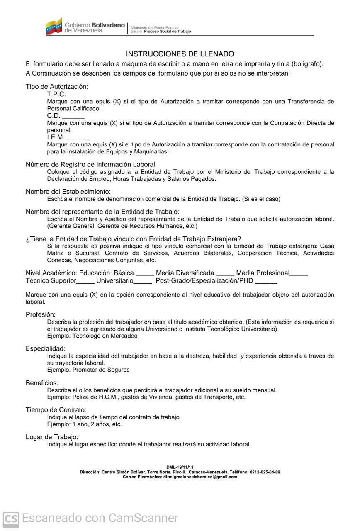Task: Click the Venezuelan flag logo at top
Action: (x=54, y=27)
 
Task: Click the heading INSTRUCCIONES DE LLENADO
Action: (x=180, y=54)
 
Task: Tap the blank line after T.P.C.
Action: (x=75, y=95)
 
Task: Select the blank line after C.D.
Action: (x=73, y=117)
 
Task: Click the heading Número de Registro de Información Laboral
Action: (x=90, y=164)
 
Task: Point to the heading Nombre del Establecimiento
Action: (x=68, y=192)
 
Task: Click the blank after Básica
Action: (x=145, y=274)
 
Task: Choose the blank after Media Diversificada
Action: (x=225, y=274)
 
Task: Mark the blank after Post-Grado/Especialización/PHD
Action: (x=266, y=282)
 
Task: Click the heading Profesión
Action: (x=41, y=315)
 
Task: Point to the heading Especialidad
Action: (x=45, y=349)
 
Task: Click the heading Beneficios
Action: (x=42, y=382)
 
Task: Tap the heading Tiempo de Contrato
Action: (x=56, y=410)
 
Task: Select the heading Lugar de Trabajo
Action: (x=52, y=437)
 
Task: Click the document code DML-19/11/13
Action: (x=180, y=468)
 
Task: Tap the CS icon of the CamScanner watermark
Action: (x=11, y=519)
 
